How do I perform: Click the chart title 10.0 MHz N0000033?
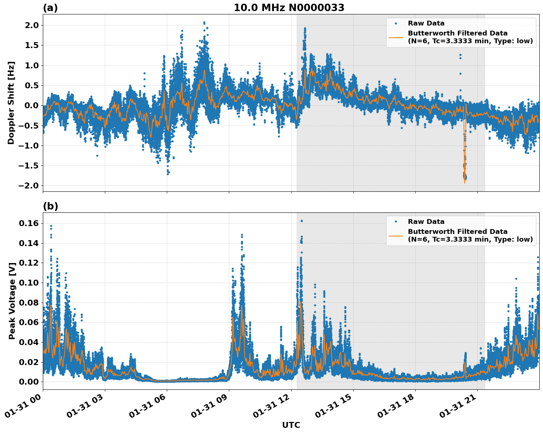pos(289,8)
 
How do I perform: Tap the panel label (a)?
pos(50,8)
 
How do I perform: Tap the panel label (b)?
pos(50,206)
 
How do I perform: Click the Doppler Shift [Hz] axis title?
pos(11,103)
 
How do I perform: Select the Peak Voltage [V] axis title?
pos(12,301)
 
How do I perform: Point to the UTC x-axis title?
pos(291,425)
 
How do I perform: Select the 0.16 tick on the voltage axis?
pos(29,223)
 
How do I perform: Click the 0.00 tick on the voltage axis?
pos(29,382)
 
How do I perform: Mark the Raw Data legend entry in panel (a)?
pos(426,23)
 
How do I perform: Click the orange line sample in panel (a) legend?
pos(396,37)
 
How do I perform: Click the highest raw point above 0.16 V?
pos(302,221)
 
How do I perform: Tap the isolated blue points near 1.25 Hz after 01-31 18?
pos(460,56)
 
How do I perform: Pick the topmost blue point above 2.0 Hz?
pos(204,23)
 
